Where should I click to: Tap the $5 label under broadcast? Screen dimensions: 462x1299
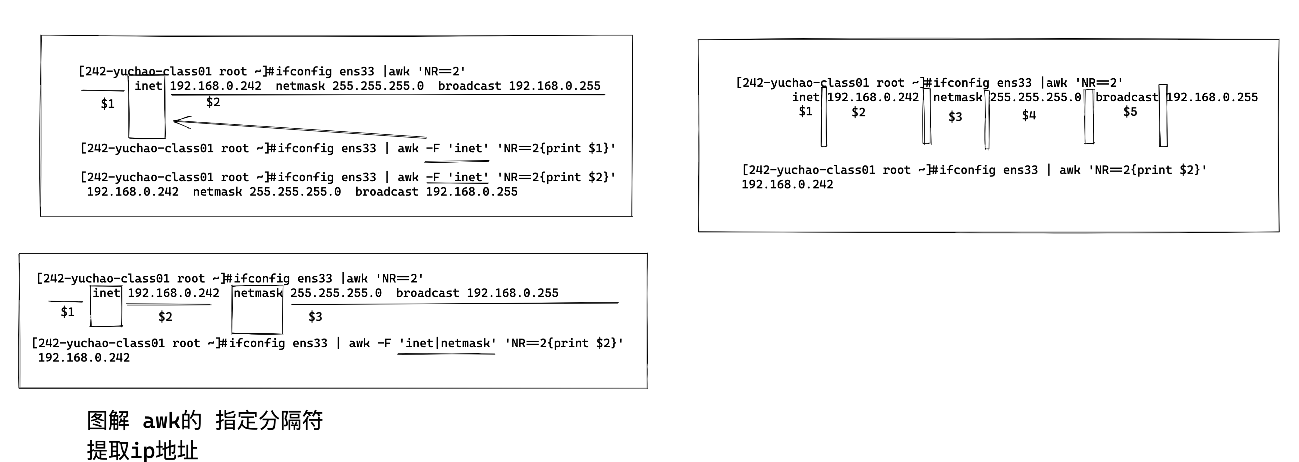point(1130,112)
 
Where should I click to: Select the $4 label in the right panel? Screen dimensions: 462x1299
point(1029,115)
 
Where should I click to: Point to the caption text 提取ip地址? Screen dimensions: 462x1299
point(142,450)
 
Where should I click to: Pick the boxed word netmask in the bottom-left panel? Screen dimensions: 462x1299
point(258,293)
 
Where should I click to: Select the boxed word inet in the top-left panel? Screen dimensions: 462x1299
point(148,86)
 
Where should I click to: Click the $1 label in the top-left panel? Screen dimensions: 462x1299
point(107,104)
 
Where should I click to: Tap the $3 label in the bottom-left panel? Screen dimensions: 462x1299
point(315,317)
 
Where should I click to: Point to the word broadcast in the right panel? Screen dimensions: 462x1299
point(1127,97)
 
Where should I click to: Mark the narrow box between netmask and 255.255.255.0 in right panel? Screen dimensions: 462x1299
point(987,119)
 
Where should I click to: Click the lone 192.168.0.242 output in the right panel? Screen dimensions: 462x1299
point(787,184)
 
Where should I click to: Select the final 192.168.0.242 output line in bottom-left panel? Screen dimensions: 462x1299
point(84,358)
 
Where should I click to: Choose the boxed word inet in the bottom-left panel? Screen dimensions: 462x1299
point(106,293)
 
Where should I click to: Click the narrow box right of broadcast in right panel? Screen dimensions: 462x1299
point(1163,116)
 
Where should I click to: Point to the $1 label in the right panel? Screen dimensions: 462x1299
point(805,112)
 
